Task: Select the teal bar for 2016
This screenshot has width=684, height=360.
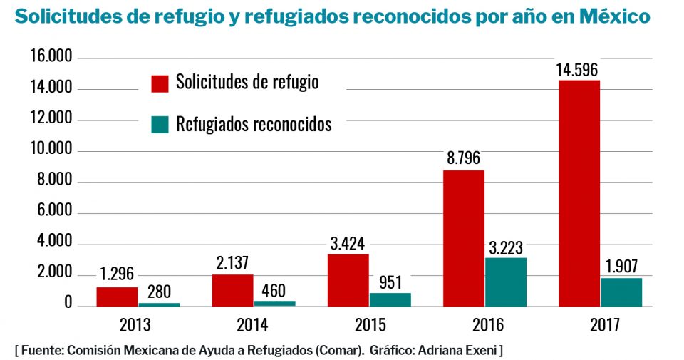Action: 505,282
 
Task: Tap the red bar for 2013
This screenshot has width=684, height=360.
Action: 117,297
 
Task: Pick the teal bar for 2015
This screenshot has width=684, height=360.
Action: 390,299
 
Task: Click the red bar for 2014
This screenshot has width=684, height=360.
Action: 232,290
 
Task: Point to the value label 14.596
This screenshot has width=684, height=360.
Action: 577,70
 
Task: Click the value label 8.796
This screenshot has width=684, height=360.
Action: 464,159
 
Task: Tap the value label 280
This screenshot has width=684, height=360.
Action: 159,291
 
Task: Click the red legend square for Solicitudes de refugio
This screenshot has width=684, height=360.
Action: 160,82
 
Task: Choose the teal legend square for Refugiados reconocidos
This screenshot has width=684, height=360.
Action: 160,124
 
